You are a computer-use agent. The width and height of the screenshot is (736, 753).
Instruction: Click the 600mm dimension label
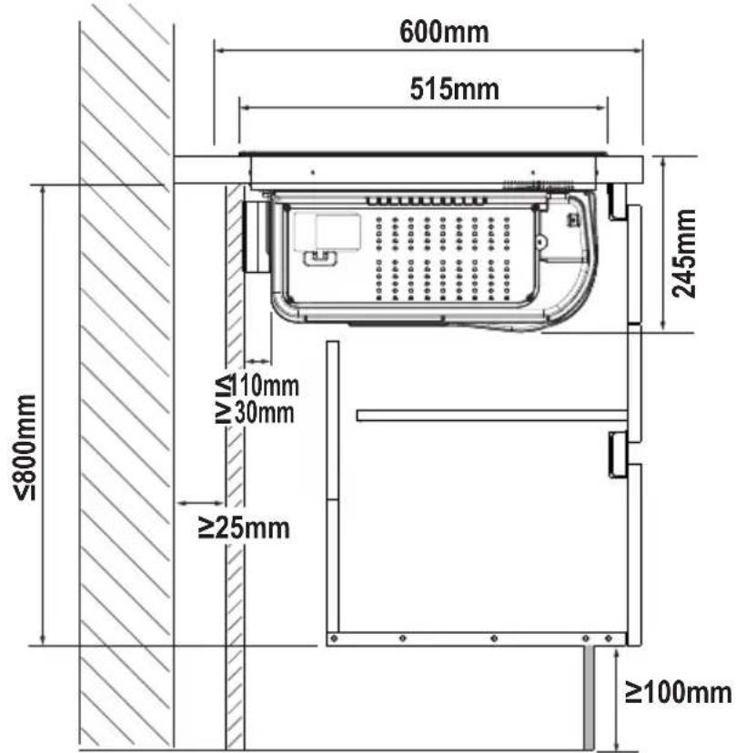click(x=444, y=32)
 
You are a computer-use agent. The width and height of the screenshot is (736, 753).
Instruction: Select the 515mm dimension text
click(x=454, y=89)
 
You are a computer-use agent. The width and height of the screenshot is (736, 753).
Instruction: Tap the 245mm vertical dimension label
click(x=683, y=254)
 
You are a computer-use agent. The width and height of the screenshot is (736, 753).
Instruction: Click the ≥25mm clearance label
click(x=244, y=527)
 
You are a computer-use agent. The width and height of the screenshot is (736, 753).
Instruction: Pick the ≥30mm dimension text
click(x=255, y=413)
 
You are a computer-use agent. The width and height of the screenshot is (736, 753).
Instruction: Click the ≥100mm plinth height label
click(x=679, y=692)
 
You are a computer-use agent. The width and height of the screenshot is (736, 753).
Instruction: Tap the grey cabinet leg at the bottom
click(x=590, y=698)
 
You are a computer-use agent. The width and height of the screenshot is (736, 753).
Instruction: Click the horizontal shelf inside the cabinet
click(x=492, y=416)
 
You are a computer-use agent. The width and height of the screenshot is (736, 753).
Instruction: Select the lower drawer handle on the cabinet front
click(x=618, y=455)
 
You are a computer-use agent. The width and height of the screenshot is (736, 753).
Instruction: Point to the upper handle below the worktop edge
click(x=618, y=202)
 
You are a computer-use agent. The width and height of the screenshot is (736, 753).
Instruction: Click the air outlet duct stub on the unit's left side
click(x=257, y=236)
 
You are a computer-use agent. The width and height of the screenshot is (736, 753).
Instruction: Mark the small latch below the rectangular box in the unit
click(x=320, y=257)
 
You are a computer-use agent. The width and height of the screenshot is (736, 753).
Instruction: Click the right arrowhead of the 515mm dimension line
click(x=602, y=107)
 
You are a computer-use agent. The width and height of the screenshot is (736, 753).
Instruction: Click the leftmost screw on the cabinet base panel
click(x=335, y=638)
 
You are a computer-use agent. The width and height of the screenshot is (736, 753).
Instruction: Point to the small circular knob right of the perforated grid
click(x=541, y=242)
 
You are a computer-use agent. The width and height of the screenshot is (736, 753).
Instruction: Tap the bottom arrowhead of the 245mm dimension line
click(x=663, y=326)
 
